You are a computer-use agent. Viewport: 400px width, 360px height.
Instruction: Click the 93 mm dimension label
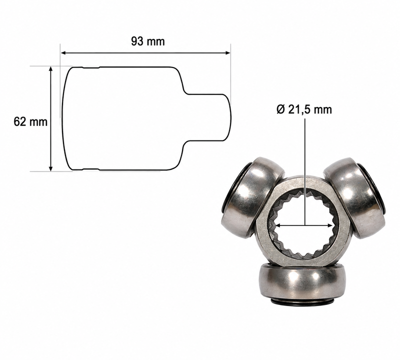148,41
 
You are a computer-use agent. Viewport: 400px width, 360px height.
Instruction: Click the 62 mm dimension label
30,122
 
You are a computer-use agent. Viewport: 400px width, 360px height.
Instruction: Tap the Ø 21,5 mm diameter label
304,109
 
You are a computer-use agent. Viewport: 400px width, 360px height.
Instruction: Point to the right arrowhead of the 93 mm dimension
227,53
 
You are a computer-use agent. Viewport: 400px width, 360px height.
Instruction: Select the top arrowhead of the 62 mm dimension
51,69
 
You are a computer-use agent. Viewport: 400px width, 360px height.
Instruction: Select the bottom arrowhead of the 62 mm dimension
51,168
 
